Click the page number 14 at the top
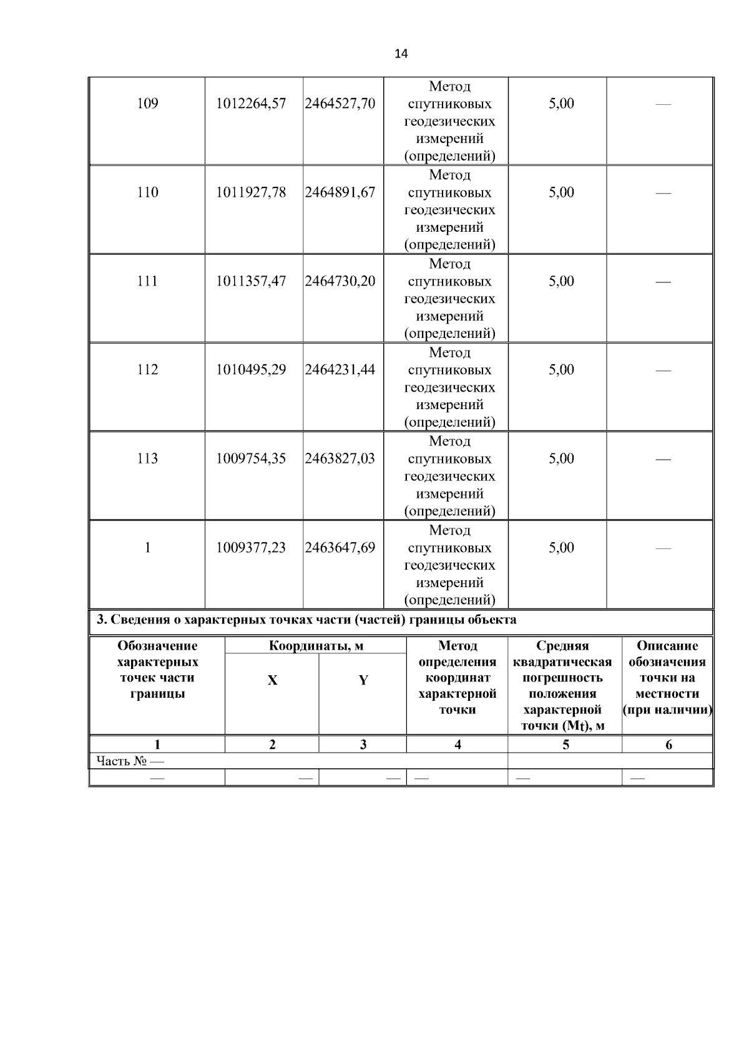(x=401, y=54)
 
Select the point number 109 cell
(x=147, y=104)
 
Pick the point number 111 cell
(x=147, y=281)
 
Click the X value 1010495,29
(x=251, y=370)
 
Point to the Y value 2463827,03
(x=340, y=458)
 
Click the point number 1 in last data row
(x=147, y=548)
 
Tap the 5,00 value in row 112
(x=561, y=370)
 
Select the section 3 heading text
(x=306, y=620)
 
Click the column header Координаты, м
(x=316, y=646)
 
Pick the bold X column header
(x=272, y=681)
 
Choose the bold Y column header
(x=363, y=681)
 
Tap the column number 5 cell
(x=565, y=745)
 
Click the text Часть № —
(x=130, y=761)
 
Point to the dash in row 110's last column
(x=662, y=193)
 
